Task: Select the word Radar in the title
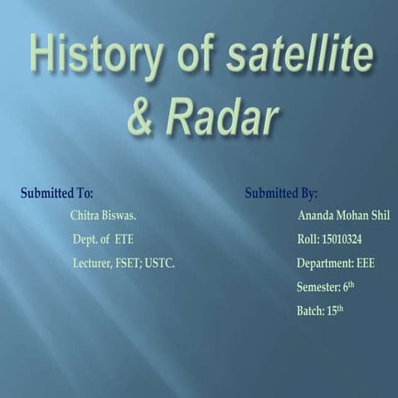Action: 221,119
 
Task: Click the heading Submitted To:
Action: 56,193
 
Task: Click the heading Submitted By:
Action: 281,193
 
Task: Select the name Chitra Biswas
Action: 104,216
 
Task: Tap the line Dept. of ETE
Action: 103,240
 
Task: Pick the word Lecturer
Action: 92,264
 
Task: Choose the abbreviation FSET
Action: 128,264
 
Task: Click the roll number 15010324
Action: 341,240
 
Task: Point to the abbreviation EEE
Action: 366,264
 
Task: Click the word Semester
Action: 318,288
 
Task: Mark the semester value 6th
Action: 349,287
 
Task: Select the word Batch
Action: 310,312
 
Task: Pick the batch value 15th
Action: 335,311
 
